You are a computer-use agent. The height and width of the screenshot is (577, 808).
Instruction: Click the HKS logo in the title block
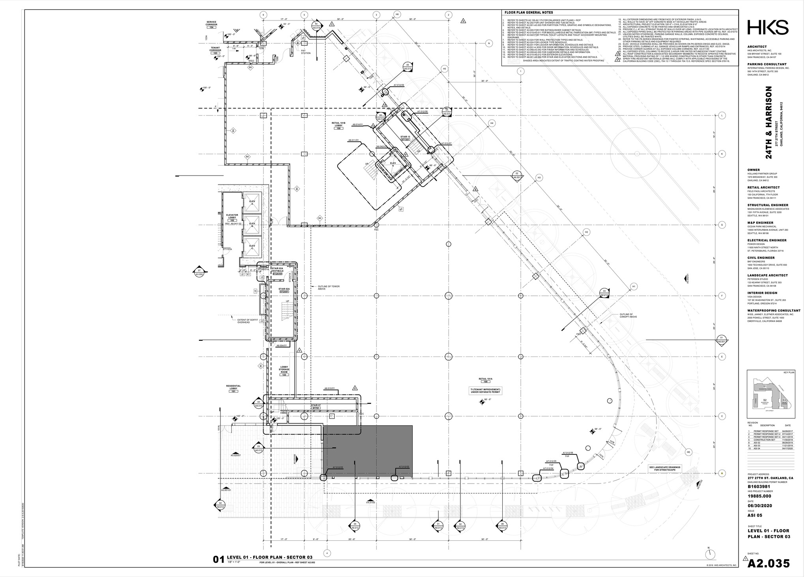tap(768, 28)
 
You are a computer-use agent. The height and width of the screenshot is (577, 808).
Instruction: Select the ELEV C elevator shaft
tap(252, 247)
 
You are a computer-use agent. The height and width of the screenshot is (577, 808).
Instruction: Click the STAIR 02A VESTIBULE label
tap(281, 270)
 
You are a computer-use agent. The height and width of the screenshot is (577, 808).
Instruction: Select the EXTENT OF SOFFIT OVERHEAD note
tap(243, 321)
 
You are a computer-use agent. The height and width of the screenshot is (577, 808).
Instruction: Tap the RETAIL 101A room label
tap(485, 380)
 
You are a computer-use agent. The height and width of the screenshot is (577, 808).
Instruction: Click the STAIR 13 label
tap(406, 138)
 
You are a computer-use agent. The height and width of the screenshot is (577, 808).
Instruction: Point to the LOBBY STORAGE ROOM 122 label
tap(284, 370)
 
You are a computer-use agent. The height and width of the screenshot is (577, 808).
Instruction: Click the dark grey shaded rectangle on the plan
tap(368, 452)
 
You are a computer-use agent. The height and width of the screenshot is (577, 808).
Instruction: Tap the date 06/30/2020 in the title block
tap(759, 506)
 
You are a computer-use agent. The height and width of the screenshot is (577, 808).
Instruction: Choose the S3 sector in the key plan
tap(784, 401)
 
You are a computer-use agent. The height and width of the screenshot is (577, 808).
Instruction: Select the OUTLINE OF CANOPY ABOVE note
tap(628, 316)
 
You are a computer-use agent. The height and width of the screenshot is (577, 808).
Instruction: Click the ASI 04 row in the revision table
tap(769, 449)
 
